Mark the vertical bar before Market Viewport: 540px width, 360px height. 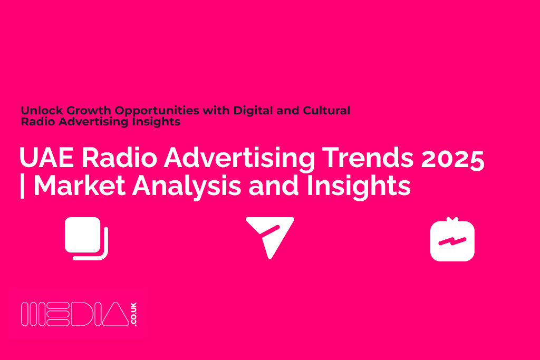22,186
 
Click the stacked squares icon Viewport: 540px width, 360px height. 86,238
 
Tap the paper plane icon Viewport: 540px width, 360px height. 269,236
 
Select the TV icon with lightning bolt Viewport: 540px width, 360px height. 452,240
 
